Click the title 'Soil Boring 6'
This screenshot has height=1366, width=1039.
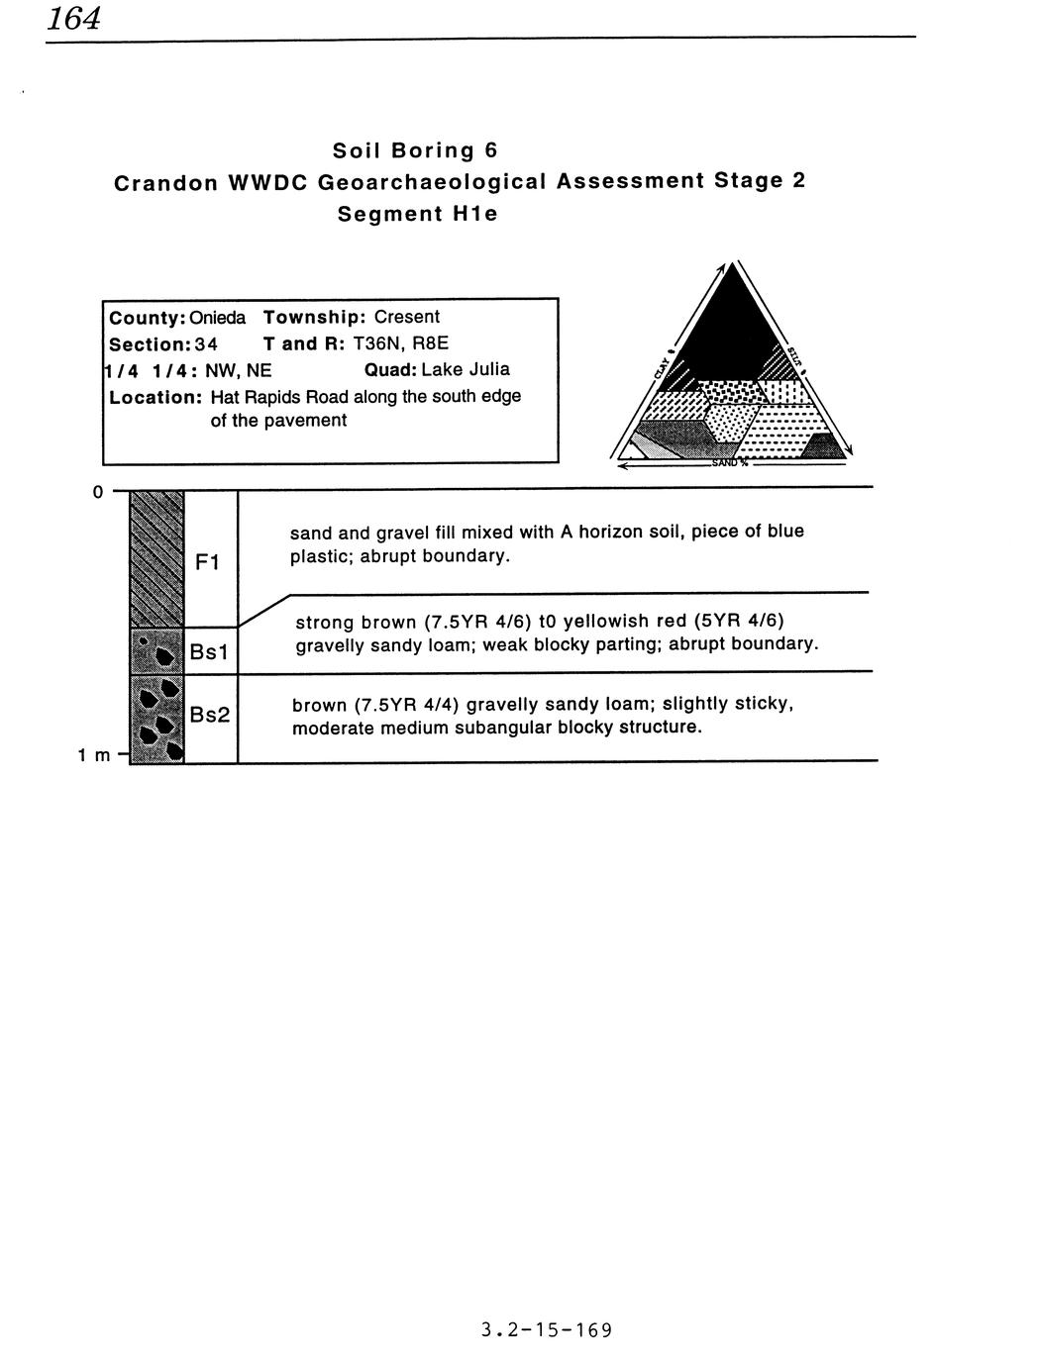coord(414,150)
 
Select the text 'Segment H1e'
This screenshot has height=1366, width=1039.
coord(417,214)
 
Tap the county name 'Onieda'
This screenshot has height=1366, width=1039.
coord(217,317)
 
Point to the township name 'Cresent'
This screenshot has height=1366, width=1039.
coord(406,317)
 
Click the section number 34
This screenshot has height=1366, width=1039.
coord(205,343)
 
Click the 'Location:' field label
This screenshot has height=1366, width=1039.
coord(156,396)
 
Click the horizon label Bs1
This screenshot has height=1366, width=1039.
coord(209,652)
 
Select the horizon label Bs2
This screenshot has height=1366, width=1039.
coord(210,713)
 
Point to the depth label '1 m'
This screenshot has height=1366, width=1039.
coord(94,756)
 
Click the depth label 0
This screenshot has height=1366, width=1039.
coord(97,492)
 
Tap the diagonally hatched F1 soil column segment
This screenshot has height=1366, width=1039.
coord(156,558)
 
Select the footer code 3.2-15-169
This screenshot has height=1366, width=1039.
coord(546,1329)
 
